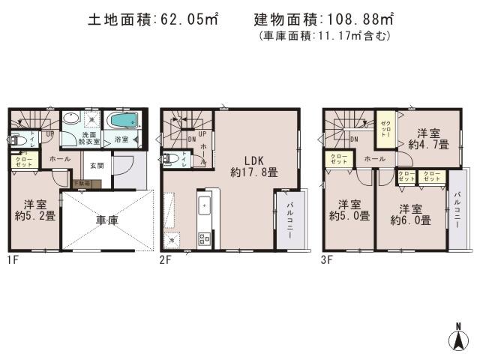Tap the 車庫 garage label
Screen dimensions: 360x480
pos(107,222)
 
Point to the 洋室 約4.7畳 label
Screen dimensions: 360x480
pos(433,138)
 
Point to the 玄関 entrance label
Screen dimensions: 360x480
pos(97,165)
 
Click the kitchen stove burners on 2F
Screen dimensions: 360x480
pos(204,239)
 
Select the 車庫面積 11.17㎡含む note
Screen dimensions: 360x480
pos(325,36)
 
